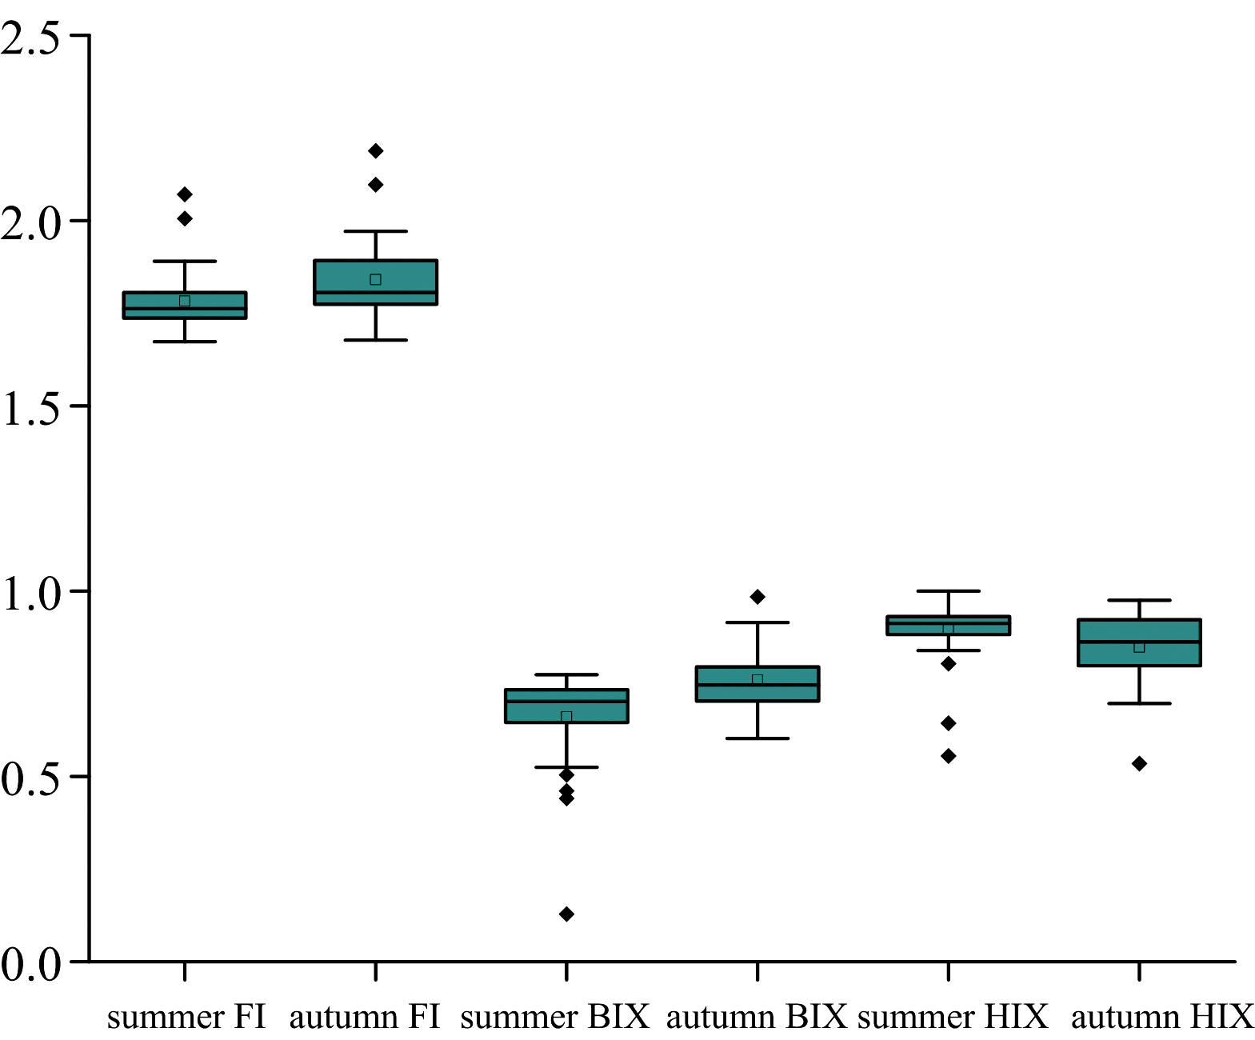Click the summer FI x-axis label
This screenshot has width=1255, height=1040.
(x=186, y=1017)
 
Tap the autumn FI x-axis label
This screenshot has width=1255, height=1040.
(x=365, y=1017)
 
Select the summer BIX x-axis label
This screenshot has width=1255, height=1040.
(x=554, y=1017)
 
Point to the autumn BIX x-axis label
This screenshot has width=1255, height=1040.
(x=756, y=1017)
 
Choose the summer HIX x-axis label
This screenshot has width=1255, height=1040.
(x=952, y=1017)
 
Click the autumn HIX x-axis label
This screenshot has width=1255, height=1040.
(x=1161, y=1017)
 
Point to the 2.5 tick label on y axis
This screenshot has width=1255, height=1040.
(x=30, y=38)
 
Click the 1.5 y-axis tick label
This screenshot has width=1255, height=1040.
(x=30, y=408)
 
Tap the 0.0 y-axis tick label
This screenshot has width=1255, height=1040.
(x=30, y=963)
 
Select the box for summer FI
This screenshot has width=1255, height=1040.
(x=185, y=306)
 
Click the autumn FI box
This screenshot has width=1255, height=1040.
(x=375, y=282)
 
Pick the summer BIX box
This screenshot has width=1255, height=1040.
(x=566, y=706)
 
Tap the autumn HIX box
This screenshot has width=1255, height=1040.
(x=1139, y=642)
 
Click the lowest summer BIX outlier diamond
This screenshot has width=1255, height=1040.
(x=566, y=914)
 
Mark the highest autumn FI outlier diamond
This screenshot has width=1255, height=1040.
(x=375, y=150)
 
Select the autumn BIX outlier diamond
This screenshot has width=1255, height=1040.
(x=757, y=597)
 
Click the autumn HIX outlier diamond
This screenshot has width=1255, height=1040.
(x=1139, y=764)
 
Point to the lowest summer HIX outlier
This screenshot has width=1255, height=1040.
(x=948, y=756)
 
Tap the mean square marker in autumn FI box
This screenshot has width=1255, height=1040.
(x=375, y=279)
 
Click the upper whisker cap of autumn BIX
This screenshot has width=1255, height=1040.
(x=757, y=622)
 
